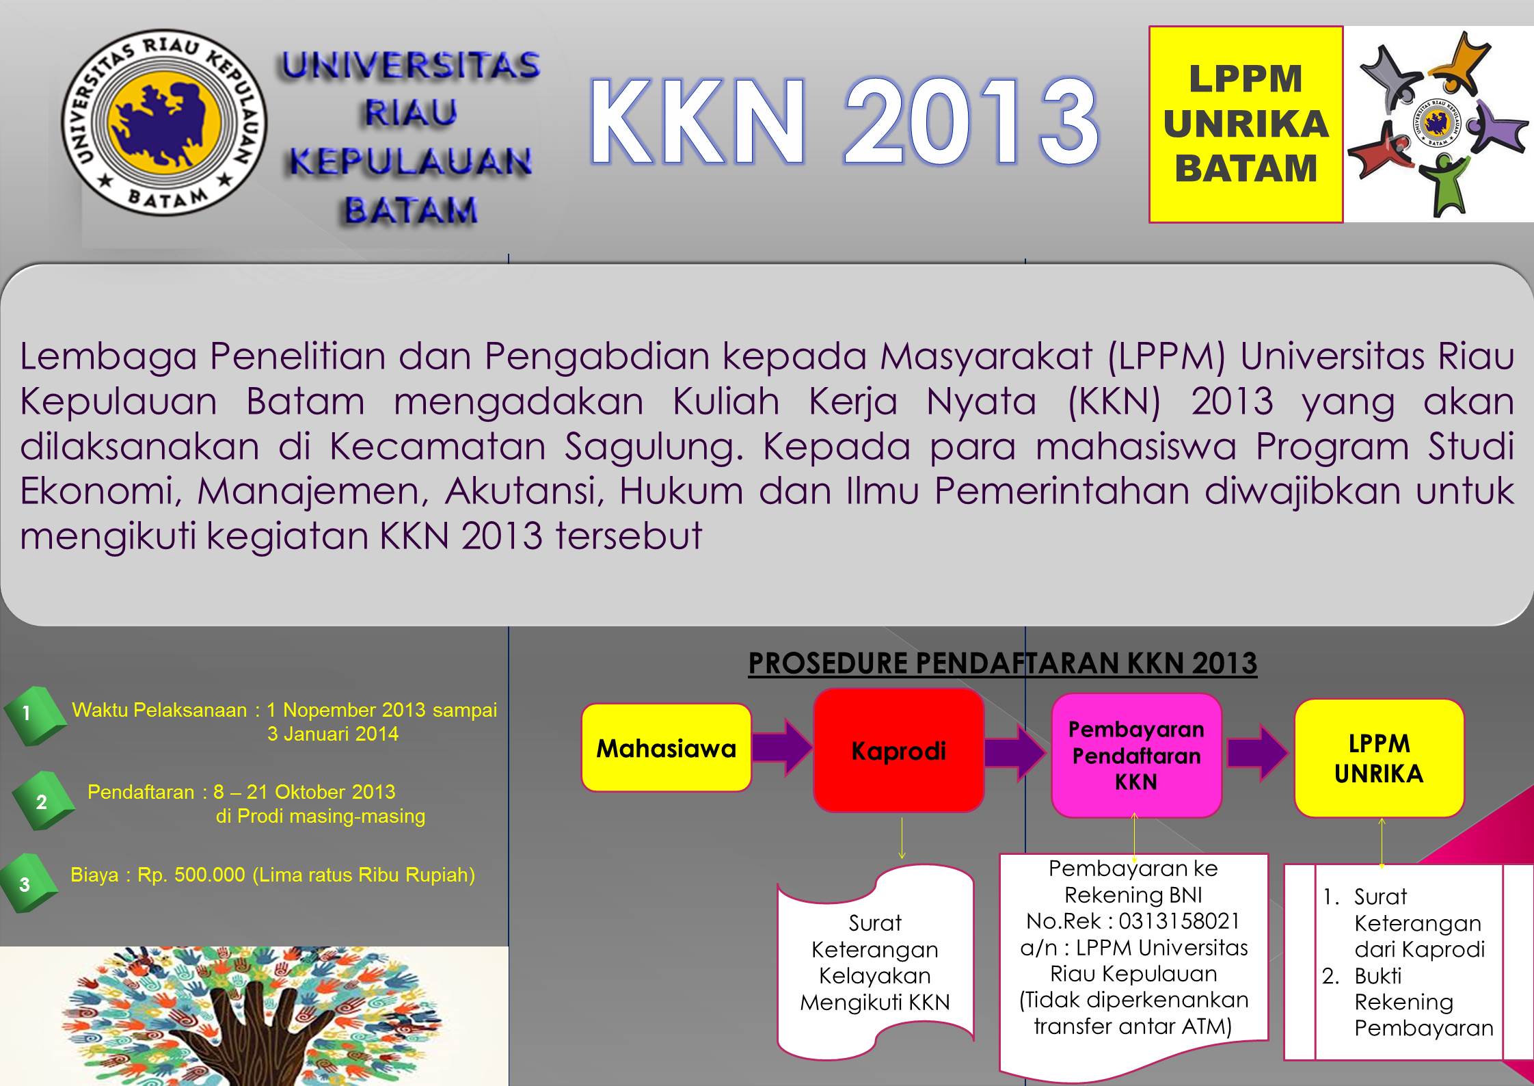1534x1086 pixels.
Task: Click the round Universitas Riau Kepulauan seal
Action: pos(164,122)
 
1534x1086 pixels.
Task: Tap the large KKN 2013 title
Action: pos(844,121)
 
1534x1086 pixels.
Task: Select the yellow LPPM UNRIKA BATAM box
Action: pos(1246,124)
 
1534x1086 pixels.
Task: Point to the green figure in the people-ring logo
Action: pos(1442,185)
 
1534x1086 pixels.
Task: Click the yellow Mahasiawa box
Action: pos(667,747)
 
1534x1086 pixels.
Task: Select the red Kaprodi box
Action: pos(898,750)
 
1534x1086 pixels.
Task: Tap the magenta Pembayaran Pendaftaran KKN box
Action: pos(1136,755)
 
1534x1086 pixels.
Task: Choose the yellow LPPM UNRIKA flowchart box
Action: pos(1379,758)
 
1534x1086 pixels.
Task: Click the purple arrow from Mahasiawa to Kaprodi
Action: pos(783,747)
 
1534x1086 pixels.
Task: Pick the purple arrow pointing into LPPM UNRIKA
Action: pos(1258,753)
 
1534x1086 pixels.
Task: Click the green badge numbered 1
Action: pos(34,715)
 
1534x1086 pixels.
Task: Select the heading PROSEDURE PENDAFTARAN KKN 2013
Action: pos(1003,663)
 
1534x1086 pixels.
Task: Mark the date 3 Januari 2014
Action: pos(333,734)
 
